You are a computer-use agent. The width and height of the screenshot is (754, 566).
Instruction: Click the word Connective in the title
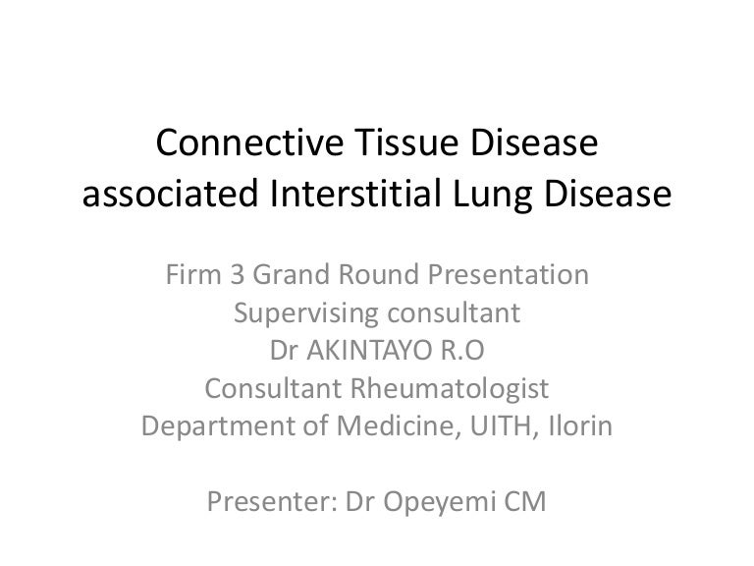[x=249, y=141]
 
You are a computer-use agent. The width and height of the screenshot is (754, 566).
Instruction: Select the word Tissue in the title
[x=406, y=141]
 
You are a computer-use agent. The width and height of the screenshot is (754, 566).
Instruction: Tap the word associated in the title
[x=171, y=193]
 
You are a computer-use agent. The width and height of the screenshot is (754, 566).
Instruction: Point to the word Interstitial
[x=355, y=193]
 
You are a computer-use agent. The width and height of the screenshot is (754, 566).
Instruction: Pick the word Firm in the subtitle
[x=193, y=274]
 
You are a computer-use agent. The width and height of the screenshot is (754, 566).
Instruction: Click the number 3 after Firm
[x=237, y=274]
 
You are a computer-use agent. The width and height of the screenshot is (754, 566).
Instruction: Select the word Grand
[x=292, y=274]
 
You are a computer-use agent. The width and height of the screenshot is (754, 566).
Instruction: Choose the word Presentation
[x=509, y=274]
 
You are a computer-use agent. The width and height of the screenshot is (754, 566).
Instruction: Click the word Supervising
[x=306, y=314]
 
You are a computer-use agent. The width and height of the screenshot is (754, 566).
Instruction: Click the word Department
[x=236, y=427]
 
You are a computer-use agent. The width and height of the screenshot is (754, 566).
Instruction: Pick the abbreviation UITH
[x=501, y=426]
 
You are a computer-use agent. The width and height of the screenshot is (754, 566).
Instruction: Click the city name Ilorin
[x=580, y=425]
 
